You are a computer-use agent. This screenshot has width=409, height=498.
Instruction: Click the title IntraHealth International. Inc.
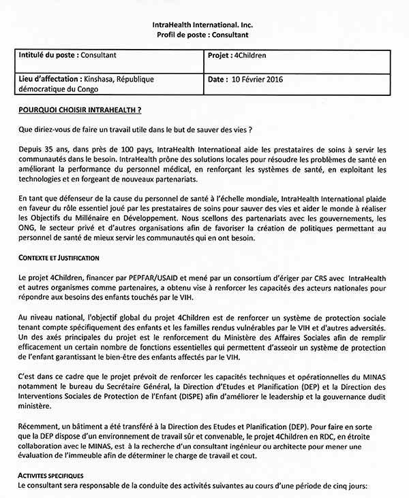click(204, 24)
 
